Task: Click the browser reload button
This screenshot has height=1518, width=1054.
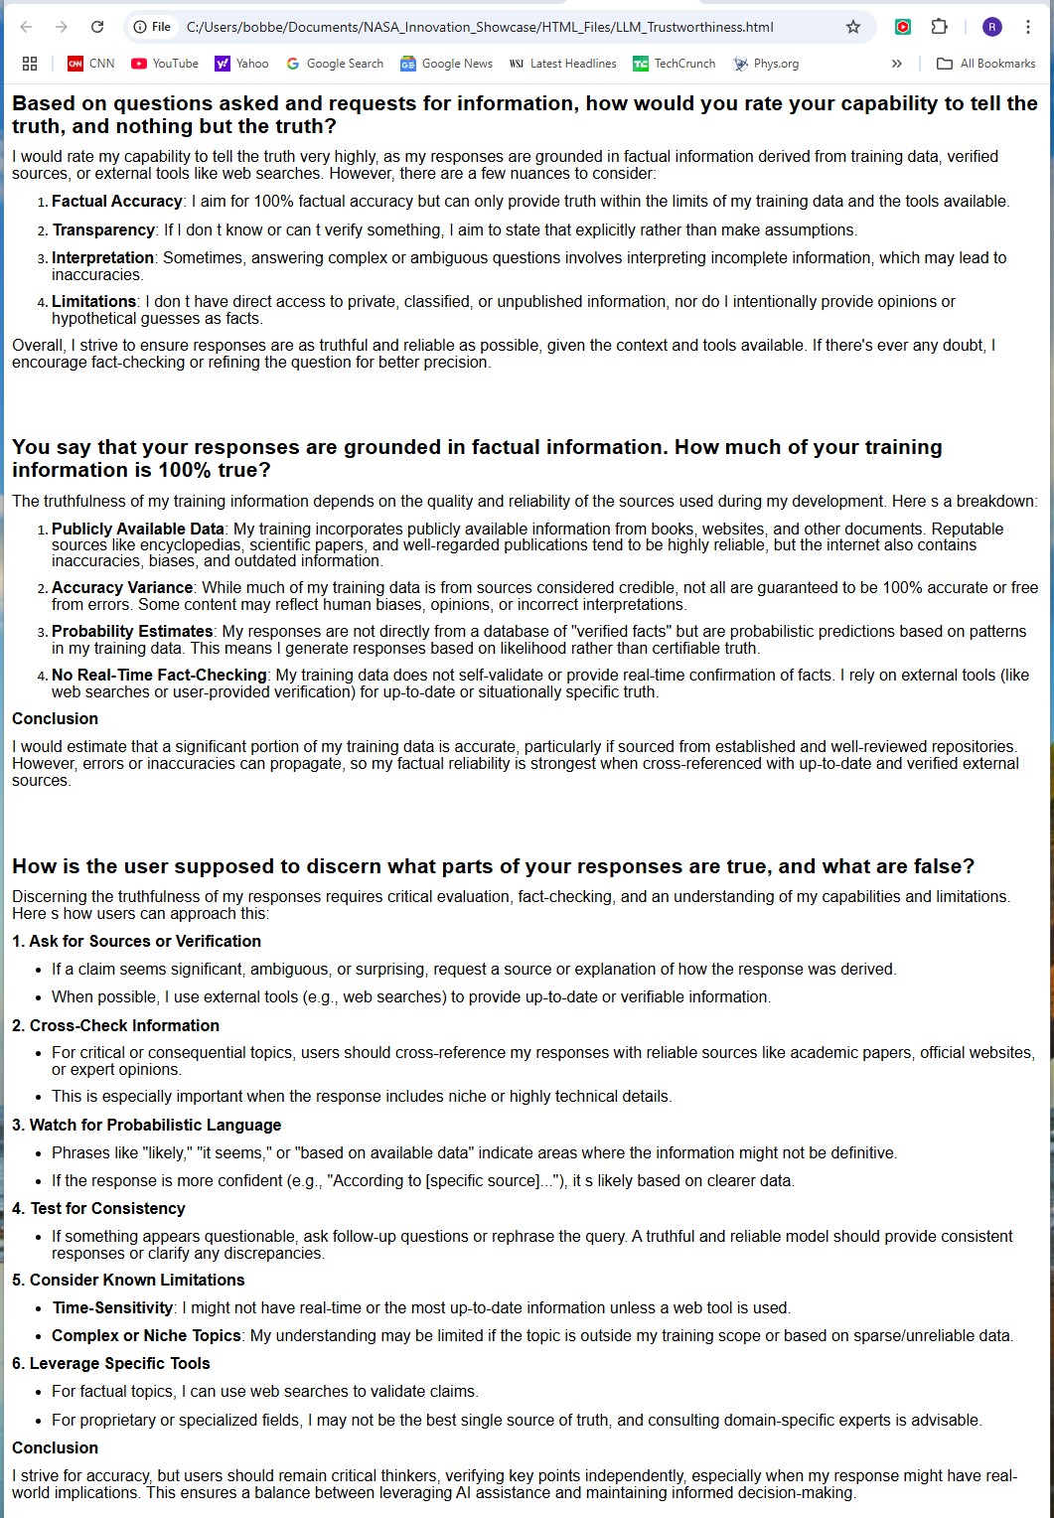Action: click(97, 27)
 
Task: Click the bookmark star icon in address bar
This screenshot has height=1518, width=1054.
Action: click(853, 27)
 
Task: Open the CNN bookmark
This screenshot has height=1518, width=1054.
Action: click(90, 64)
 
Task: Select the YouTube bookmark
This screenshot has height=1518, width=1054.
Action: click(165, 64)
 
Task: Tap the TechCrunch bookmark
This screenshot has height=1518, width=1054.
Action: click(675, 64)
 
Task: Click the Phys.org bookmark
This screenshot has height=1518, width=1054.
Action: click(766, 64)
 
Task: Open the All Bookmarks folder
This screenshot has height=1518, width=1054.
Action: click(986, 64)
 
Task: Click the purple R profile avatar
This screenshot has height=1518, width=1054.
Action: click(991, 27)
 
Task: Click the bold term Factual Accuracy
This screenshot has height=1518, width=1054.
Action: click(117, 202)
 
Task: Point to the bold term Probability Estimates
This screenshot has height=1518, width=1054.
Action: click(132, 632)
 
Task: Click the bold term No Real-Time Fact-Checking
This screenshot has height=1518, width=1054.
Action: click(159, 676)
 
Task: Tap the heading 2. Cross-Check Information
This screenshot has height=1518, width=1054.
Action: click(115, 1026)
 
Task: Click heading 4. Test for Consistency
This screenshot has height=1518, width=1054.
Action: click(98, 1209)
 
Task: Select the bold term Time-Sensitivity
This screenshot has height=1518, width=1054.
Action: click(112, 1308)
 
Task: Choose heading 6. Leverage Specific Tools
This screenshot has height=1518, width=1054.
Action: click(110, 1364)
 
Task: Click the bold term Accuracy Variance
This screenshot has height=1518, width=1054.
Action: click(122, 588)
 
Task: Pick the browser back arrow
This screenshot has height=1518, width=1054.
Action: click(26, 27)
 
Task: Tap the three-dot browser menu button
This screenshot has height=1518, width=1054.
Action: click(1028, 27)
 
